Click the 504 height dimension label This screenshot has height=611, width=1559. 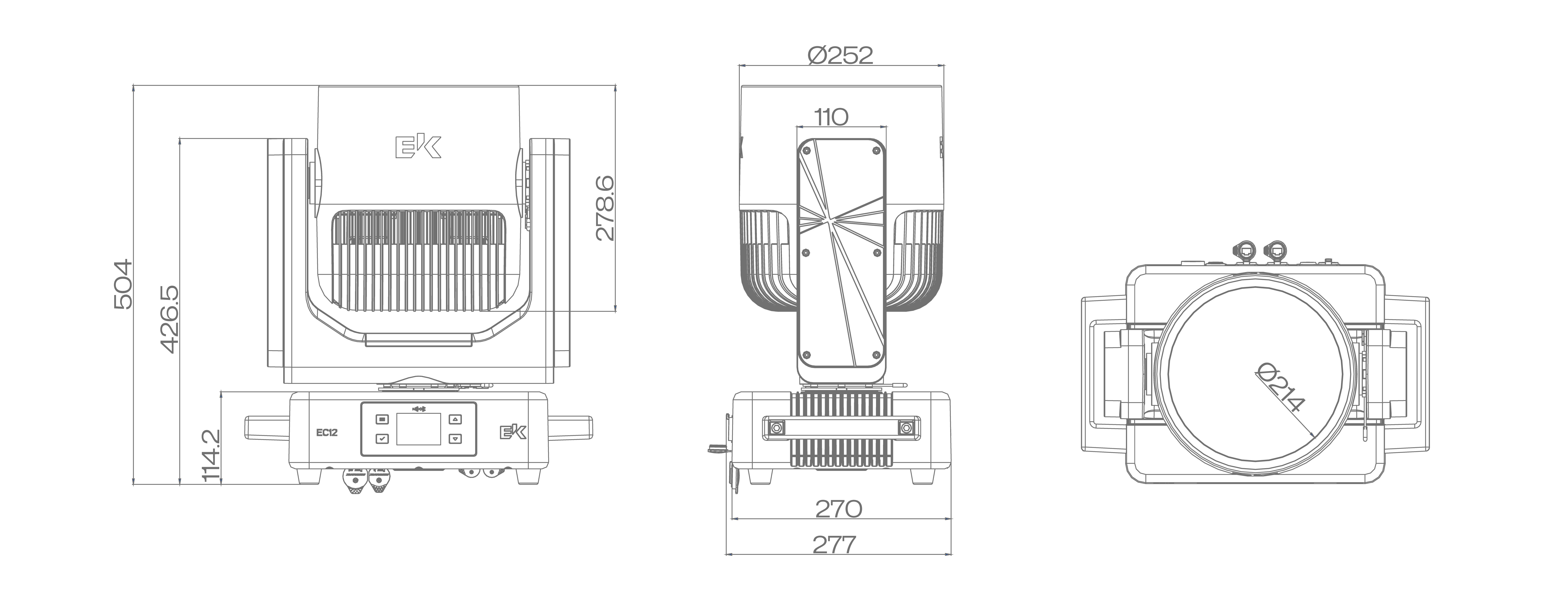tap(123, 284)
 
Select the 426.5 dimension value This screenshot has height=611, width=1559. tap(170, 319)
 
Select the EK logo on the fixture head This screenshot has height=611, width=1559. tap(418, 147)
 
